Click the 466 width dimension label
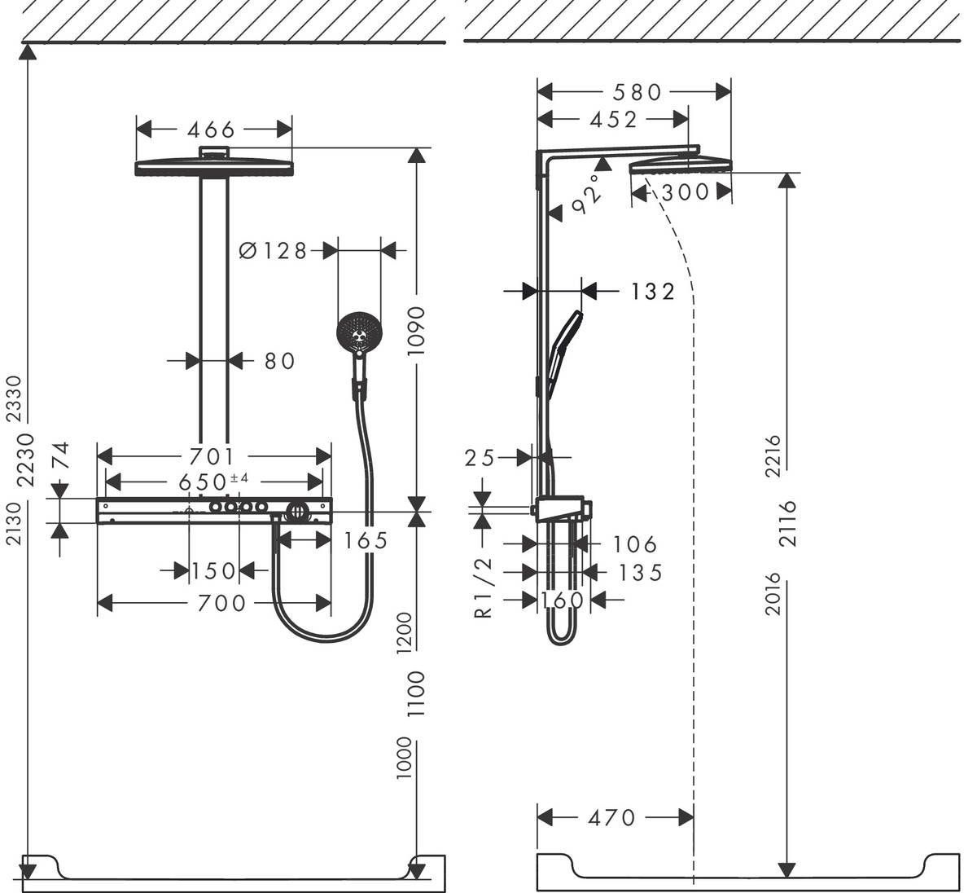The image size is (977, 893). [211, 130]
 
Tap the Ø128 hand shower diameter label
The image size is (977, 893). [274, 251]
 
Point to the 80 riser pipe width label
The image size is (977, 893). [278, 360]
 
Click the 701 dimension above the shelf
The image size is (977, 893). [212, 455]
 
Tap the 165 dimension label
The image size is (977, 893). [365, 539]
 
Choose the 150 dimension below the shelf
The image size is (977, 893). [213, 571]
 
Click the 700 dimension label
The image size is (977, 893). [220, 603]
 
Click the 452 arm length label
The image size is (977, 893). [613, 120]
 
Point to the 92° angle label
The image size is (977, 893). [590, 194]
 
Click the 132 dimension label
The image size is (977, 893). [652, 291]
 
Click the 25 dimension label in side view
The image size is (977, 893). [480, 458]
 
